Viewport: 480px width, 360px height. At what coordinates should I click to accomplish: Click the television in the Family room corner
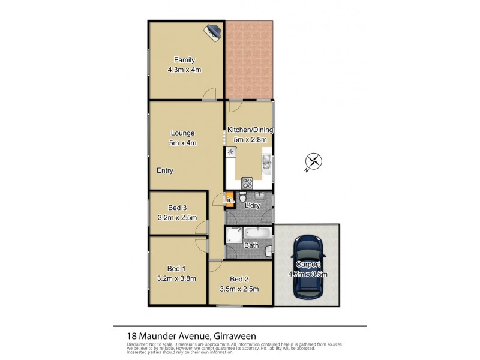point(214,31)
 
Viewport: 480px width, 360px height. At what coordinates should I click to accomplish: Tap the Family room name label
point(184,59)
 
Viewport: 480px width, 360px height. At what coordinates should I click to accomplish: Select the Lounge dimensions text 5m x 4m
point(184,143)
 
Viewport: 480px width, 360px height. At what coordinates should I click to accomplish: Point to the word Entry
point(165,170)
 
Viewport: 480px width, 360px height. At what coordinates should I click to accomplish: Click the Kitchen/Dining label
point(250,130)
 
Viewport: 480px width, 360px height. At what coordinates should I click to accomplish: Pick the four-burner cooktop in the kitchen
point(247,183)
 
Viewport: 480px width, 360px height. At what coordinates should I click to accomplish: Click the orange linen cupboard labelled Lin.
point(229,200)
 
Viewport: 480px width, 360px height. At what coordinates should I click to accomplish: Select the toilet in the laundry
point(242,197)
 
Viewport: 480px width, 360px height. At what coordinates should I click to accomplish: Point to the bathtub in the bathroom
point(258,233)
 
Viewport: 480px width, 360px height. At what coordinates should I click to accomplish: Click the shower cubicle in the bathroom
point(234,235)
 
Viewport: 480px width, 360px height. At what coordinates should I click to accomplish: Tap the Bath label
point(251,245)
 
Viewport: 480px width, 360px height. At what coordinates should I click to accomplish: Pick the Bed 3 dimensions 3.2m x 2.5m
point(177,217)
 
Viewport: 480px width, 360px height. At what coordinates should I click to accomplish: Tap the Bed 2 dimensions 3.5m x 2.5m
point(240,289)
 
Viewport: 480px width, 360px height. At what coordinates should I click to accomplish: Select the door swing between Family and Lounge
point(208,94)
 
